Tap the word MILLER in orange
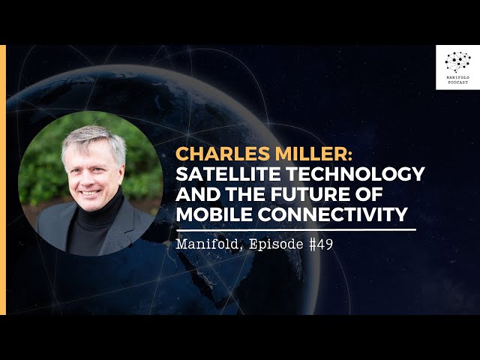click(313, 154)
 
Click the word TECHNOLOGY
click(355, 174)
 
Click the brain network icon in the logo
click(457, 62)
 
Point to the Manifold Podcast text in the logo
click(458, 80)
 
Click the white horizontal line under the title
click(296, 229)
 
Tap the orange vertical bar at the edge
click(3, 180)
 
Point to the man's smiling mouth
click(90, 193)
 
